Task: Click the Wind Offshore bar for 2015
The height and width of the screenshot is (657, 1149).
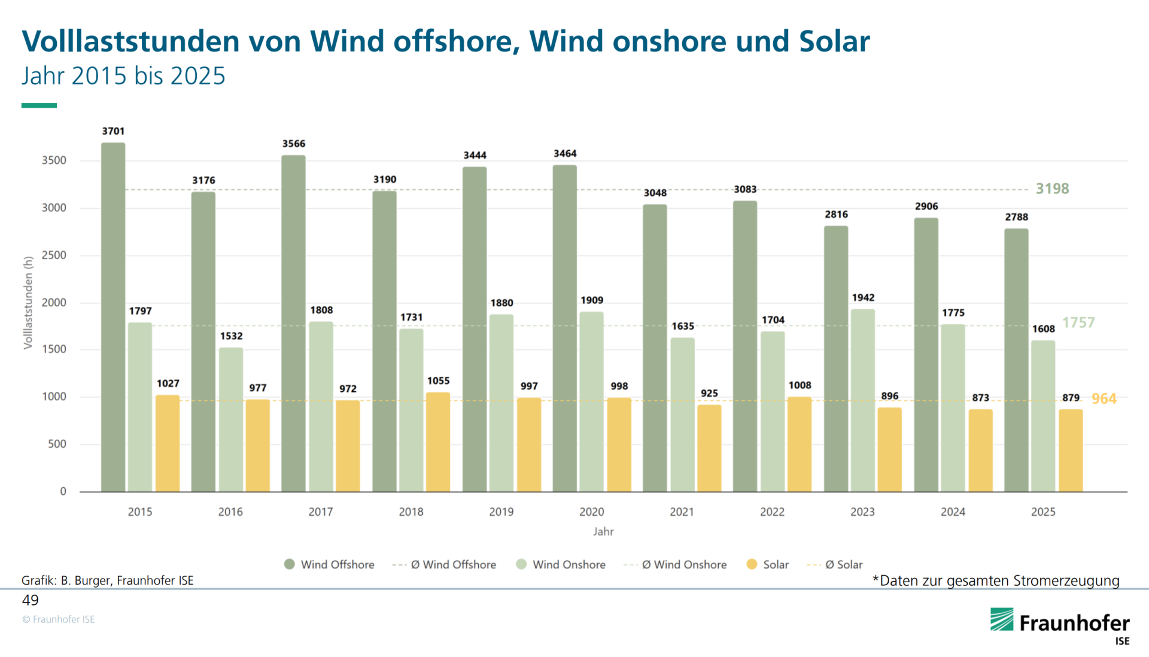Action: coord(113,317)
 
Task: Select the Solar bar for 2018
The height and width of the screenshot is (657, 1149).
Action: coord(438,442)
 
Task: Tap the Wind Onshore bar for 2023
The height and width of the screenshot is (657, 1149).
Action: coord(862,400)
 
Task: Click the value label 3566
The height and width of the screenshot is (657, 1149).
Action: coord(294,144)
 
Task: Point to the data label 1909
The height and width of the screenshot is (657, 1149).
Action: coord(592,300)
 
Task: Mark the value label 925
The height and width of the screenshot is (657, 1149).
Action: coord(709,393)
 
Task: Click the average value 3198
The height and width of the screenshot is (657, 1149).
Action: coord(1052,189)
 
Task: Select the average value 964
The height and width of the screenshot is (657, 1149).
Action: coord(1104,399)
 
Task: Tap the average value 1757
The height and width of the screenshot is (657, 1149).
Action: coord(1078,323)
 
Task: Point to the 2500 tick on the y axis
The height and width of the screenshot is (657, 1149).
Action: coord(54,255)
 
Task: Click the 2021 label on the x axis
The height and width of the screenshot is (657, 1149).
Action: coord(682,512)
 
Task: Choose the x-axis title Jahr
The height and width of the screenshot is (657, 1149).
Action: coord(603,531)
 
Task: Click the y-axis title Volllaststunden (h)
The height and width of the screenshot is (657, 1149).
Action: coord(28,303)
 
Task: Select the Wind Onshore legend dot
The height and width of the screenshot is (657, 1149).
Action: coord(521,564)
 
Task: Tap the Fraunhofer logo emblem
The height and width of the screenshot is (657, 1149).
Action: coord(1002,620)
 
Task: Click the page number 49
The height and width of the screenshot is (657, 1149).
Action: coord(31,600)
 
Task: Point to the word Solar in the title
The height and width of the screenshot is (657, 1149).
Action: coord(834,41)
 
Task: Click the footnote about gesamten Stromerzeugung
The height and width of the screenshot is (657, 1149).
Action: coord(996,581)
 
